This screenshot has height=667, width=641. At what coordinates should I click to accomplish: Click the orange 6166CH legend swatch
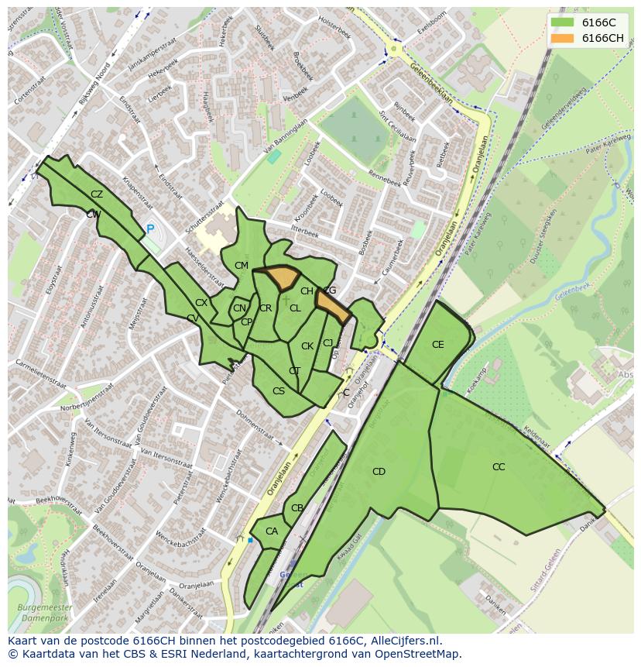pyautogui.click(x=562, y=38)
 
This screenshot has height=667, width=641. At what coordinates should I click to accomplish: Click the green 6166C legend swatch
pyautogui.click(x=562, y=22)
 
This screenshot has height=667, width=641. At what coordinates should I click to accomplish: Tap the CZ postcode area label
pyautogui.click(x=97, y=194)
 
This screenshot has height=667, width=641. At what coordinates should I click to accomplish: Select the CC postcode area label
pyautogui.click(x=499, y=467)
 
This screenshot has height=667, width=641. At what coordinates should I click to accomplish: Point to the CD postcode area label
pyautogui.click(x=379, y=472)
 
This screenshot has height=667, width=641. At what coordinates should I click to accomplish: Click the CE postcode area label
pyautogui.click(x=438, y=345)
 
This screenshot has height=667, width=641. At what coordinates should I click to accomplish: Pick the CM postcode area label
pyautogui.click(x=242, y=266)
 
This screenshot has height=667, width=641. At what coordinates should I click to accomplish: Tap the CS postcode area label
pyautogui.click(x=279, y=391)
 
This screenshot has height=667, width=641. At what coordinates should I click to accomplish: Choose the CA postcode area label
pyautogui.click(x=272, y=531)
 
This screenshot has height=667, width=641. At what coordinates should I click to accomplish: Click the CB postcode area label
pyautogui.click(x=297, y=509)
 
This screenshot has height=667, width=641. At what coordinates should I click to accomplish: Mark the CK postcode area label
pyautogui.click(x=307, y=346)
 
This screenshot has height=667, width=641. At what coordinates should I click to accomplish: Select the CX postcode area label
pyautogui.click(x=201, y=303)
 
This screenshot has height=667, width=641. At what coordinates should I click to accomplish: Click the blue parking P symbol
pyautogui.click(x=150, y=229)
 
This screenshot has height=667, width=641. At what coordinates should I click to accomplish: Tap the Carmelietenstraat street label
pyautogui.click(x=38, y=372)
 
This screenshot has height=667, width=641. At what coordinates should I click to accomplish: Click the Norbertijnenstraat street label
pyautogui.click(x=70, y=406)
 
